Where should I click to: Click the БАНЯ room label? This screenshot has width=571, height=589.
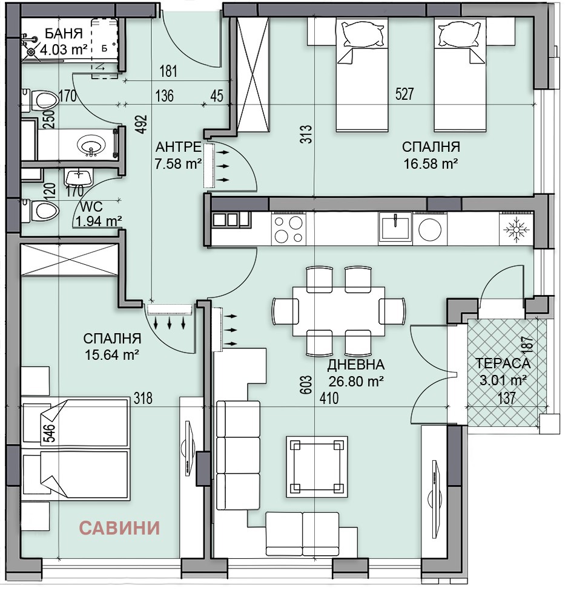tap(64, 33)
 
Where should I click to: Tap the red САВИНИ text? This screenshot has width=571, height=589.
tap(119, 528)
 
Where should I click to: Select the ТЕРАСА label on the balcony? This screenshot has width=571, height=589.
tap(503, 363)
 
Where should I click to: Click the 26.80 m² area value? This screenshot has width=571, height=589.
tap(356, 381)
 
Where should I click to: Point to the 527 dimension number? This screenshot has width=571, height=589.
tap(404, 94)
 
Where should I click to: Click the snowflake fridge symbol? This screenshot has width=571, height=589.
tap(517, 229)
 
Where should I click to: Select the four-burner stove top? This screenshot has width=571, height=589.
tap(288, 229)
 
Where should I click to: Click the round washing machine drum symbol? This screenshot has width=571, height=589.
tap(430, 229)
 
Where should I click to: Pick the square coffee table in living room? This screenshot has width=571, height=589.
tap(317, 466)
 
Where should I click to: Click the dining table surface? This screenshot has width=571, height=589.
tap(338, 311)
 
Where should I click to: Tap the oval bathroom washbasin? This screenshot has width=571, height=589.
tap(91, 144)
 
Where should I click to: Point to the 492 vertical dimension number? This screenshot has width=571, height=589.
tap(142, 124)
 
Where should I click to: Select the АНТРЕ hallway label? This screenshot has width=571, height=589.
tap(178, 146)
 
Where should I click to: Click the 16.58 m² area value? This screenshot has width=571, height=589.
tap(431, 163)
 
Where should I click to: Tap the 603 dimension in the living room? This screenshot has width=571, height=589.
tap(306, 385)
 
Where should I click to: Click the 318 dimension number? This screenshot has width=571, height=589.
tap(144, 398)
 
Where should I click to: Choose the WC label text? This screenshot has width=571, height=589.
tap(91, 207)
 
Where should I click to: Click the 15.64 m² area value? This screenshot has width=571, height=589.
tap(112, 354)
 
